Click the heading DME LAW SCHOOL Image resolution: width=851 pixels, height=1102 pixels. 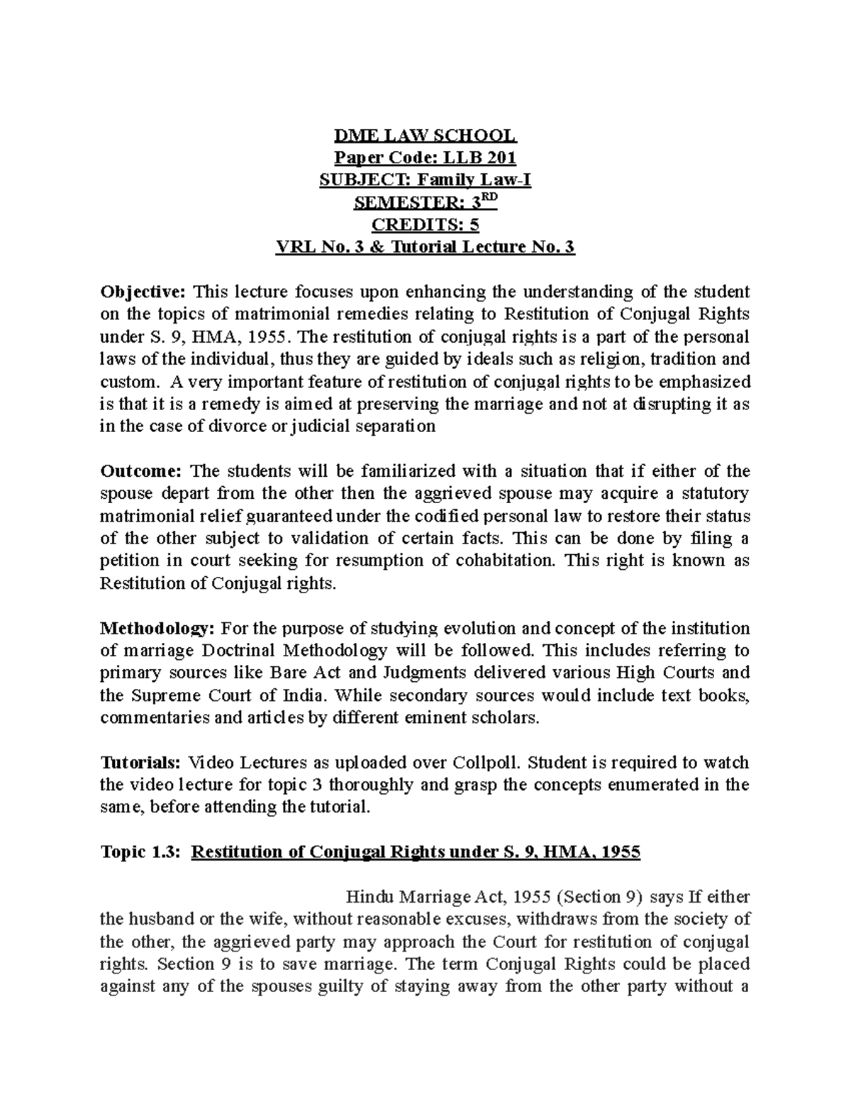[425, 135]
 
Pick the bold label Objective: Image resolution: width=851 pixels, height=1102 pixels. [143, 292]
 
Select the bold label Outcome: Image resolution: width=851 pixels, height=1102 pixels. [142, 471]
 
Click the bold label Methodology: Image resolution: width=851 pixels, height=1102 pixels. [157, 629]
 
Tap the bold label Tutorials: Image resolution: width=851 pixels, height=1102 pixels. [140, 764]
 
